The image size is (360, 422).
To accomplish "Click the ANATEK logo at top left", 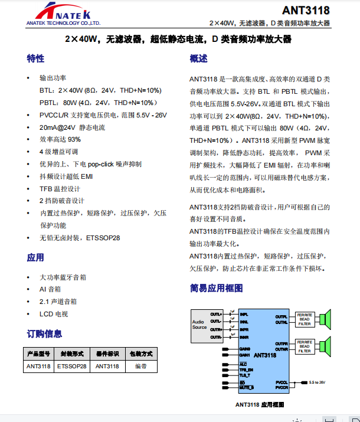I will (x=63, y=14).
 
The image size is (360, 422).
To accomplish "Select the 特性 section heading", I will (x=35, y=58).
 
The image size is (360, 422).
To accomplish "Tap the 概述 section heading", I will (x=198, y=58).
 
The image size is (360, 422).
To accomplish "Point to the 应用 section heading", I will (x=35, y=257).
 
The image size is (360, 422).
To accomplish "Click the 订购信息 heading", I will (x=44, y=333).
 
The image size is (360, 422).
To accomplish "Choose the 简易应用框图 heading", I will (x=216, y=288).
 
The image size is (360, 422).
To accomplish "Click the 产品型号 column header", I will (x=39, y=354).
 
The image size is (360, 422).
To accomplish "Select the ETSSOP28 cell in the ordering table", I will (x=72, y=366).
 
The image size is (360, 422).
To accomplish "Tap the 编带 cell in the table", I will (x=140, y=366).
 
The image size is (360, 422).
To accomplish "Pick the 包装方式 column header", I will (x=140, y=354).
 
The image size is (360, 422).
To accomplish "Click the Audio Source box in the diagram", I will (x=199, y=325).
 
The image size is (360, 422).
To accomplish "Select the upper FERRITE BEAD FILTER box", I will (x=304, y=319).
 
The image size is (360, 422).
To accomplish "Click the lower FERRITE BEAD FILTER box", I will (x=304, y=346).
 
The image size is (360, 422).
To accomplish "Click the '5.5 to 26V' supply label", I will (x=317, y=382).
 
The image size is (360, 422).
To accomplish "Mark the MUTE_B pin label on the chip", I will (x=246, y=388).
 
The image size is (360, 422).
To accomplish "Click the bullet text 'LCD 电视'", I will (x=53, y=313).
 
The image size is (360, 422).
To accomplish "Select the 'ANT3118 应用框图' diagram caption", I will (x=260, y=404).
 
